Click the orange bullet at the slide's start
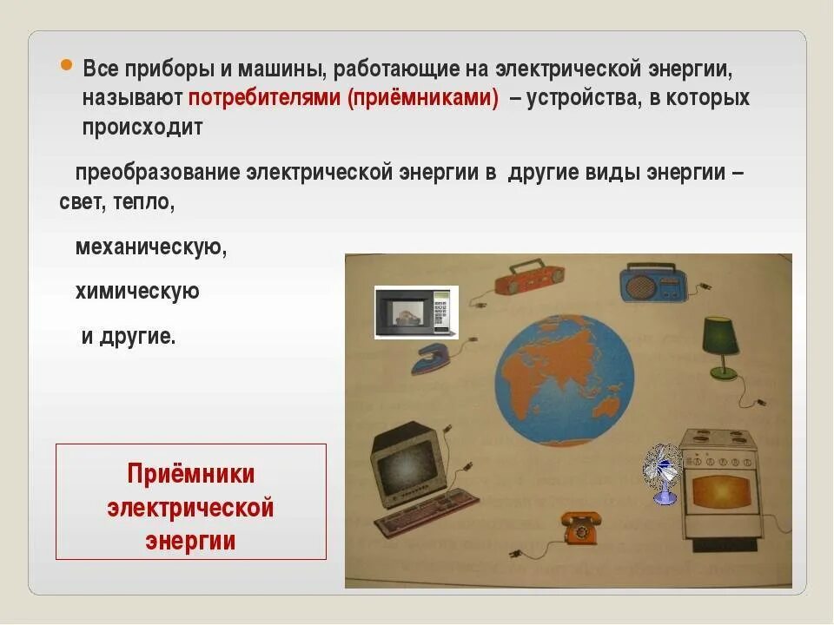click(66, 68)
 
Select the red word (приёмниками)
click(423, 98)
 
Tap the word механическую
click(151, 247)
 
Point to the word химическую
click(137, 291)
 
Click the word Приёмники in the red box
click(191, 474)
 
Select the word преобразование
click(157, 172)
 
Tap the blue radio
click(652, 284)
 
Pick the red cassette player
click(528, 280)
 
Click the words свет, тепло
click(117, 201)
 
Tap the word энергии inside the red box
click(191, 540)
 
